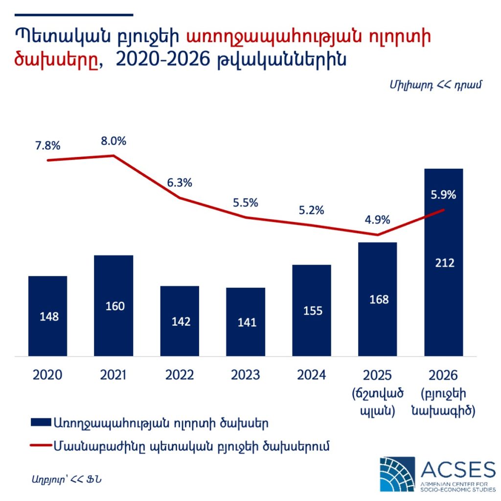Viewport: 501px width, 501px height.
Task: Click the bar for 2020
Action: [x=47, y=316]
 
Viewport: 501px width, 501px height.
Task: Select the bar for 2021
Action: [x=114, y=305]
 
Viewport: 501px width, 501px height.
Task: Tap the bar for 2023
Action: [x=246, y=321]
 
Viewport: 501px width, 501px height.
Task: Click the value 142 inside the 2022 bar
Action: [x=180, y=322]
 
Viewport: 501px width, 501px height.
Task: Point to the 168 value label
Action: [x=378, y=299]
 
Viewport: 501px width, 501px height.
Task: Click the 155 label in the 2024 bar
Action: [x=312, y=311]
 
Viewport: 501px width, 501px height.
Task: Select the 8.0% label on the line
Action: [x=114, y=141]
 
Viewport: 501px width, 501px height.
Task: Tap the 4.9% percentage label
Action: [x=378, y=220]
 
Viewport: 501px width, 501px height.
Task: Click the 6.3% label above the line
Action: [x=180, y=183]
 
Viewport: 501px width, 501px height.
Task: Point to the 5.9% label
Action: [x=444, y=195]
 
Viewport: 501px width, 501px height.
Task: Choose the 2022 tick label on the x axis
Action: [x=180, y=375]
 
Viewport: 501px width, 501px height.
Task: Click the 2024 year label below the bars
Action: [x=312, y=375]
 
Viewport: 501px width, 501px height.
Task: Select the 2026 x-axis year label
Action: [x=444, y=375]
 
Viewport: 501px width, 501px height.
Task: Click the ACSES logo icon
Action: [x=397, y=474]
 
